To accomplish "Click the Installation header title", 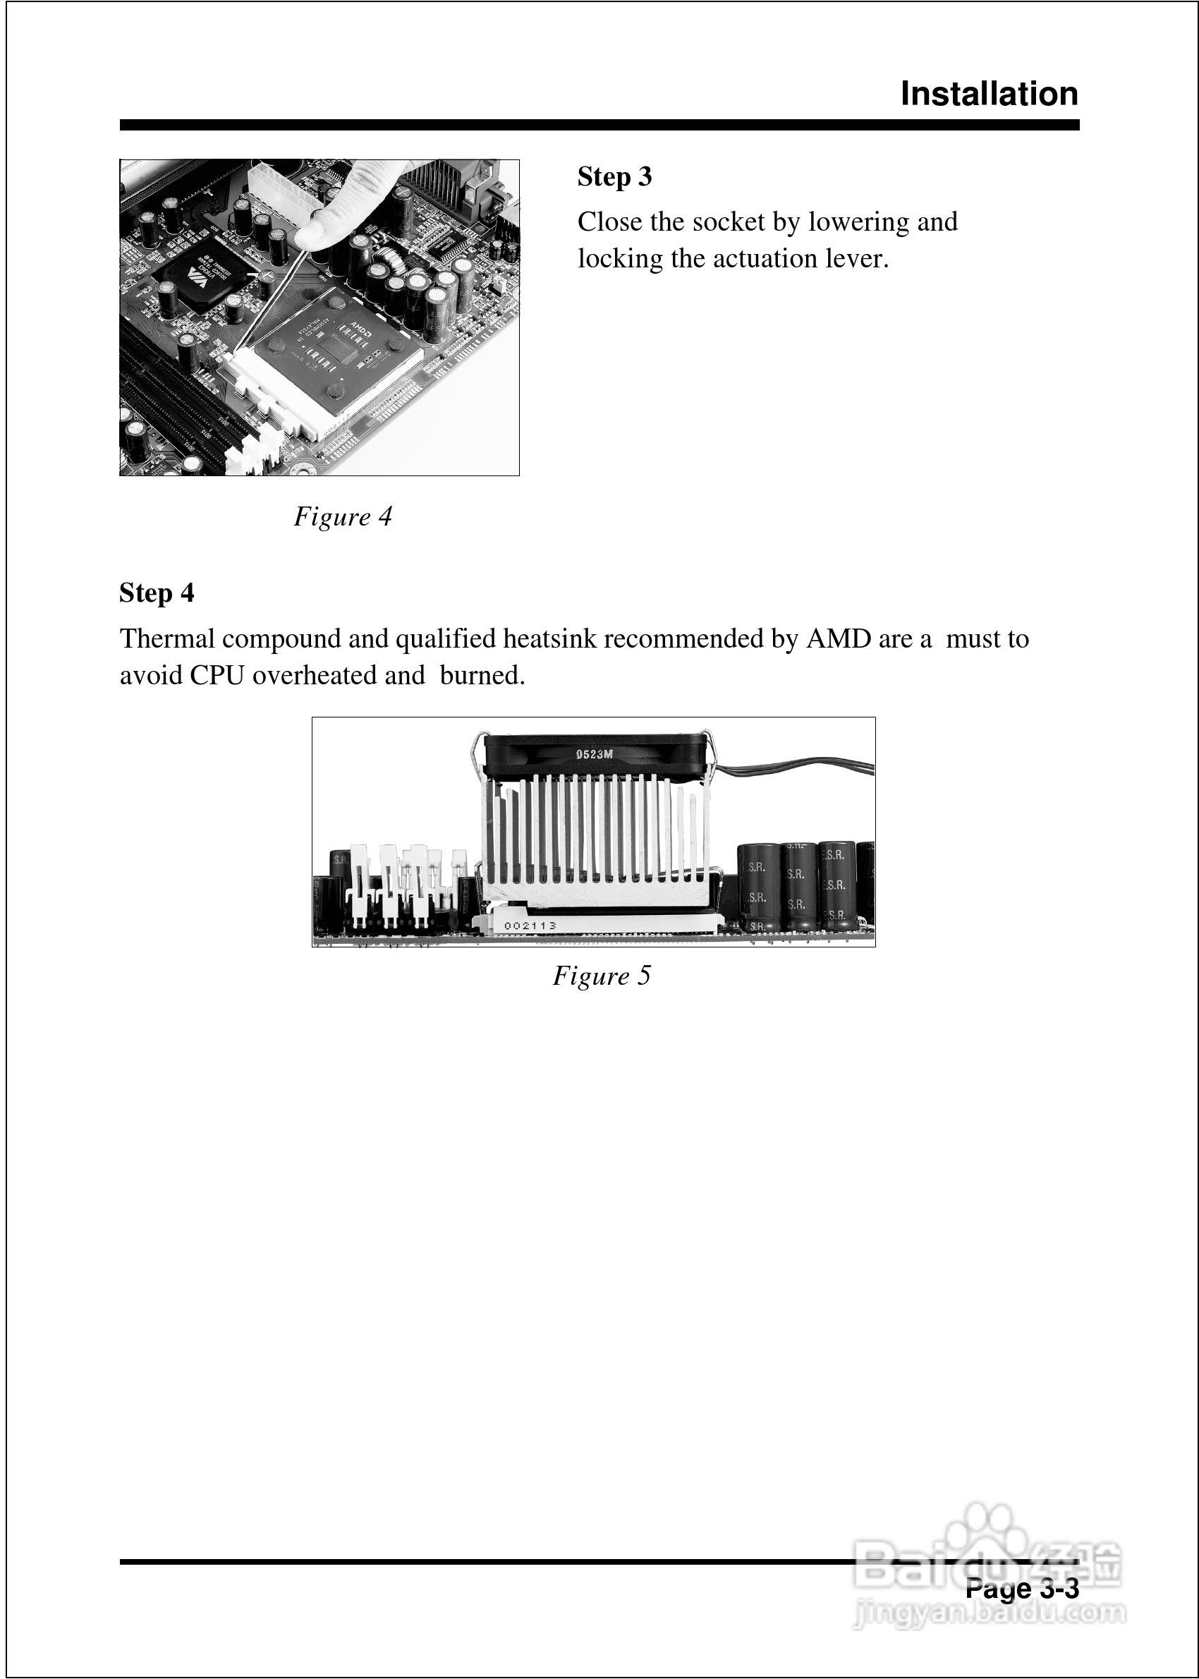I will [x=989, y=95].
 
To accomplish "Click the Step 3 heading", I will [x=614, y=177].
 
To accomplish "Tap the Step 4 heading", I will [x=157, y=593].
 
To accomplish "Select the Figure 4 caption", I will [x=343, y=516].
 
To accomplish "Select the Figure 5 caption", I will [x=602, y=976].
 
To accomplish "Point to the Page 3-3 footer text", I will [x=1022, y=1588].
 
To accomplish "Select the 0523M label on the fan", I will [x=595, y=754].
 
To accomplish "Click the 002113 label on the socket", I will [x=530, y=925].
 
